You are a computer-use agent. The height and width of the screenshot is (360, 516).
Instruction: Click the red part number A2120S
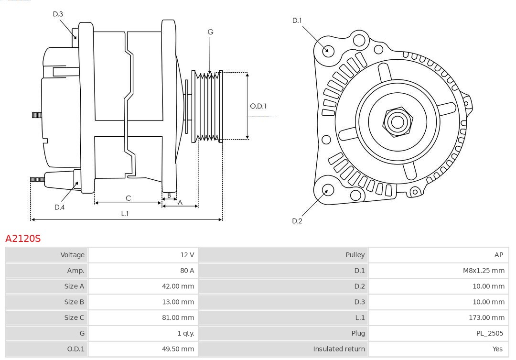[x=23, y=238]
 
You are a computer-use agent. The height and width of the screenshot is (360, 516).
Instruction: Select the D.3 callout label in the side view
[x=58, y=14]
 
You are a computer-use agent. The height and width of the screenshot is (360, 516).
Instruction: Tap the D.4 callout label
[x=59, y=207]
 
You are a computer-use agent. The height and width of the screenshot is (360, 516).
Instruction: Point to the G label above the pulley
[x=210, y=32]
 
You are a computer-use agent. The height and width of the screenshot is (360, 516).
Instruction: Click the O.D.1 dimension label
[x=258, y=106]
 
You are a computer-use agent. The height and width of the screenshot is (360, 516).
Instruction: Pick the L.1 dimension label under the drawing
[x=125, y=213]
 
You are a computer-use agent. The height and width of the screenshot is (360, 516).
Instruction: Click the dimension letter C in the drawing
[x=128, y=198]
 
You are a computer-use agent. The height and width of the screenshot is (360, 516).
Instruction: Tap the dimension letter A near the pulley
[x=180, y=202]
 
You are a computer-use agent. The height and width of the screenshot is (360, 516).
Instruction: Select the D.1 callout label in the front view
[x=297, y=20]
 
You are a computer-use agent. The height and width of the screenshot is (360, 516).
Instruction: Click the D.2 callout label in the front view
[x=297, y=221]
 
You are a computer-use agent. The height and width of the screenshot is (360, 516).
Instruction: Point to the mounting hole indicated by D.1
[x=328, y=50]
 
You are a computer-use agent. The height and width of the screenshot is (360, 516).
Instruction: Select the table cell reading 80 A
[x=187, y=271]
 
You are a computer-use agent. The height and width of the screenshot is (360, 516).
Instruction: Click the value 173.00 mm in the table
[x=486, y=317]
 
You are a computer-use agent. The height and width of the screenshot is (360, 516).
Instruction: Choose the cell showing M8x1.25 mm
[x=484, y=271]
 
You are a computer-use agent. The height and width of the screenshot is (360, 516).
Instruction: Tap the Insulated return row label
[x=339, y=349]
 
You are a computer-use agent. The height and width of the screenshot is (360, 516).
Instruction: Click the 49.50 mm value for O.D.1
[x=178, y=349]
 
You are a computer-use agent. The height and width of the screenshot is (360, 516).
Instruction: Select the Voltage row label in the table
[x=72, y=255]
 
